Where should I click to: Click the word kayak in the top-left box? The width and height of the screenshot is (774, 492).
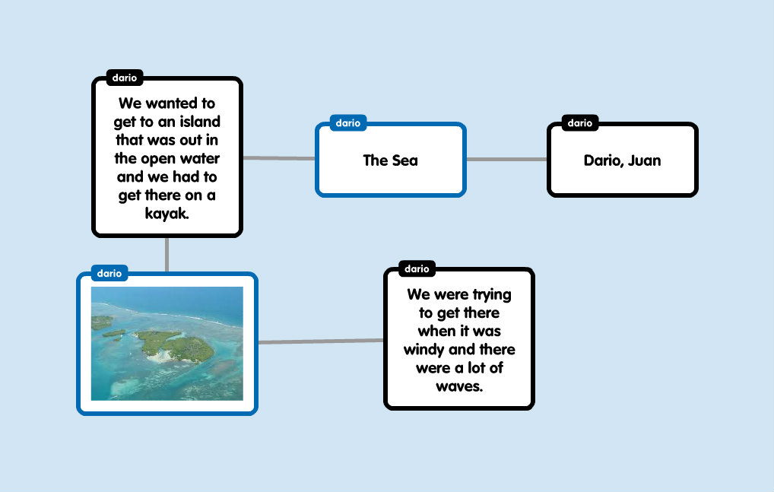point(167,214)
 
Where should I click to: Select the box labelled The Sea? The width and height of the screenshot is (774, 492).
point(391,160)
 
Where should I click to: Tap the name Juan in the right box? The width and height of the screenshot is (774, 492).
point(644,160)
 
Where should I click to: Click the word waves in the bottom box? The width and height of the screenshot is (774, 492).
point(458,386)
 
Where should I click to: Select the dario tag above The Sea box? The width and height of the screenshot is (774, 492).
point(348,123)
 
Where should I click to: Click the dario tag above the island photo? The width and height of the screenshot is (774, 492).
point(109,273)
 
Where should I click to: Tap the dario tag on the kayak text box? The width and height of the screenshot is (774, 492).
point(125,78)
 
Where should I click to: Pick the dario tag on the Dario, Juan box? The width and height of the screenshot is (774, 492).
point(580,123)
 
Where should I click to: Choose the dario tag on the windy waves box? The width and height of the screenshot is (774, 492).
point(417,268)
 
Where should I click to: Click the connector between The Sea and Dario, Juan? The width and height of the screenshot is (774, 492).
point(506,160)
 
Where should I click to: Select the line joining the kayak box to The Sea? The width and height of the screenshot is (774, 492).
point(279,158)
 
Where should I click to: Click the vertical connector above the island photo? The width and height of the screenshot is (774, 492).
point(167,255)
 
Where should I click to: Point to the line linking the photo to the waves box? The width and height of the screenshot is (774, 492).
point(321,341)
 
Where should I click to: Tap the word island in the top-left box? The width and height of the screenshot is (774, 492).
point(199,122)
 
